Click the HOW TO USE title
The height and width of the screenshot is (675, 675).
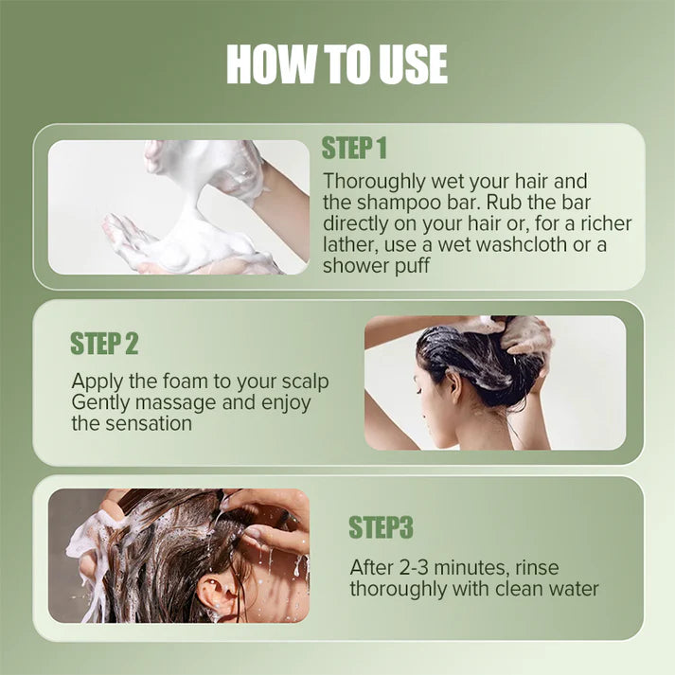pyautogui.click(x=337, y=64)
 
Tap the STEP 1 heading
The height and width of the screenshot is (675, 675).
pyautogui.click(x=354, y=149)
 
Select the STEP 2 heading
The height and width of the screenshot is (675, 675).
pyautogui.click(x=103, y=344)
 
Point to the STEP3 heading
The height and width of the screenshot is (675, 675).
pyautogui.click(x=381, y=527)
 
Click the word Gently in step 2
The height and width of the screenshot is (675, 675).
pyautogui.click(x=101, y=403)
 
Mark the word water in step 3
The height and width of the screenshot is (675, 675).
pyautogui.click(x=569, y=589)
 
